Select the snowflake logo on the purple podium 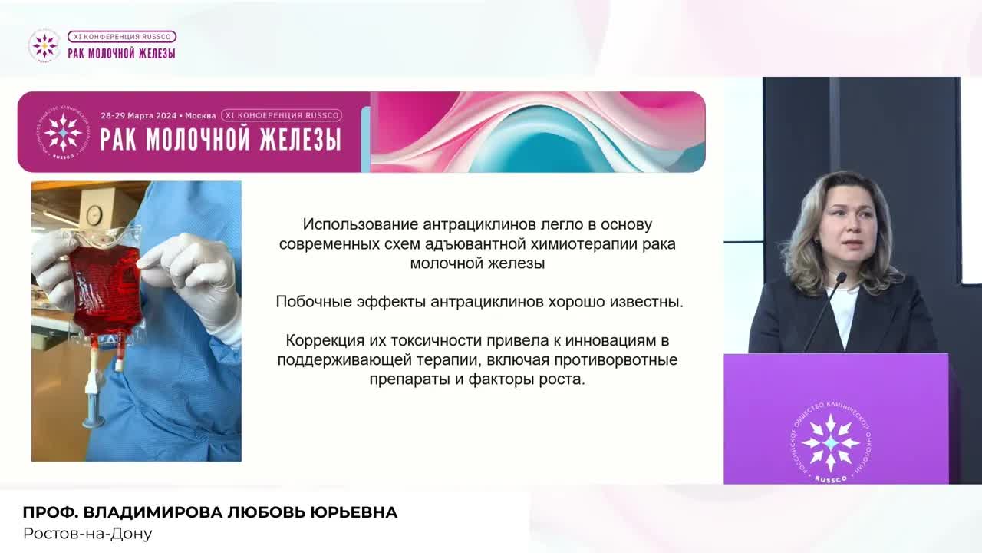[x=831, y=442]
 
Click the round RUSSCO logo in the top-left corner [x=44, y=45]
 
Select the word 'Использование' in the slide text [x=361, y=224]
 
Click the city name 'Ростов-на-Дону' [x=87, y=534]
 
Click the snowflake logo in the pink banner [x=63, y=132]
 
